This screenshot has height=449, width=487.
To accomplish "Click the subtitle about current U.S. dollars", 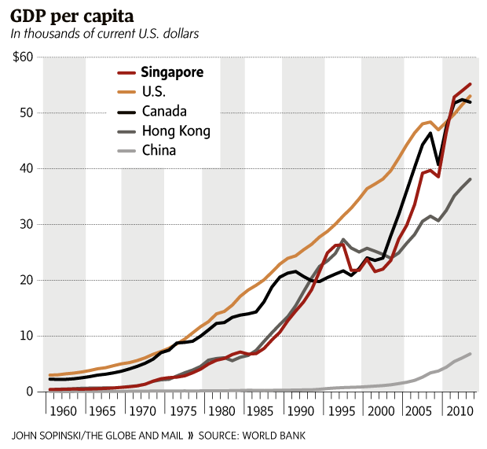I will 104,34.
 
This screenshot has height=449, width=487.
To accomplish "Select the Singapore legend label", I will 172,72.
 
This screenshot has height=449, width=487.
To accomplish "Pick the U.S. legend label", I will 155,91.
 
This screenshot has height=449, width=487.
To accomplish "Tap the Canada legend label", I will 164,111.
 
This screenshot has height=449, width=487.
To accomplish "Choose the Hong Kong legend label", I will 176,131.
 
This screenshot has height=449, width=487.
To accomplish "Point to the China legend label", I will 159,149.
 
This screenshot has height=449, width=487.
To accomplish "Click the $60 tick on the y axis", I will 21,57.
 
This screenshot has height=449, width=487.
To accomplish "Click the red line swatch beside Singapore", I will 124,72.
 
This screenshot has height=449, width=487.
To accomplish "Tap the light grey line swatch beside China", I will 124,149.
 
